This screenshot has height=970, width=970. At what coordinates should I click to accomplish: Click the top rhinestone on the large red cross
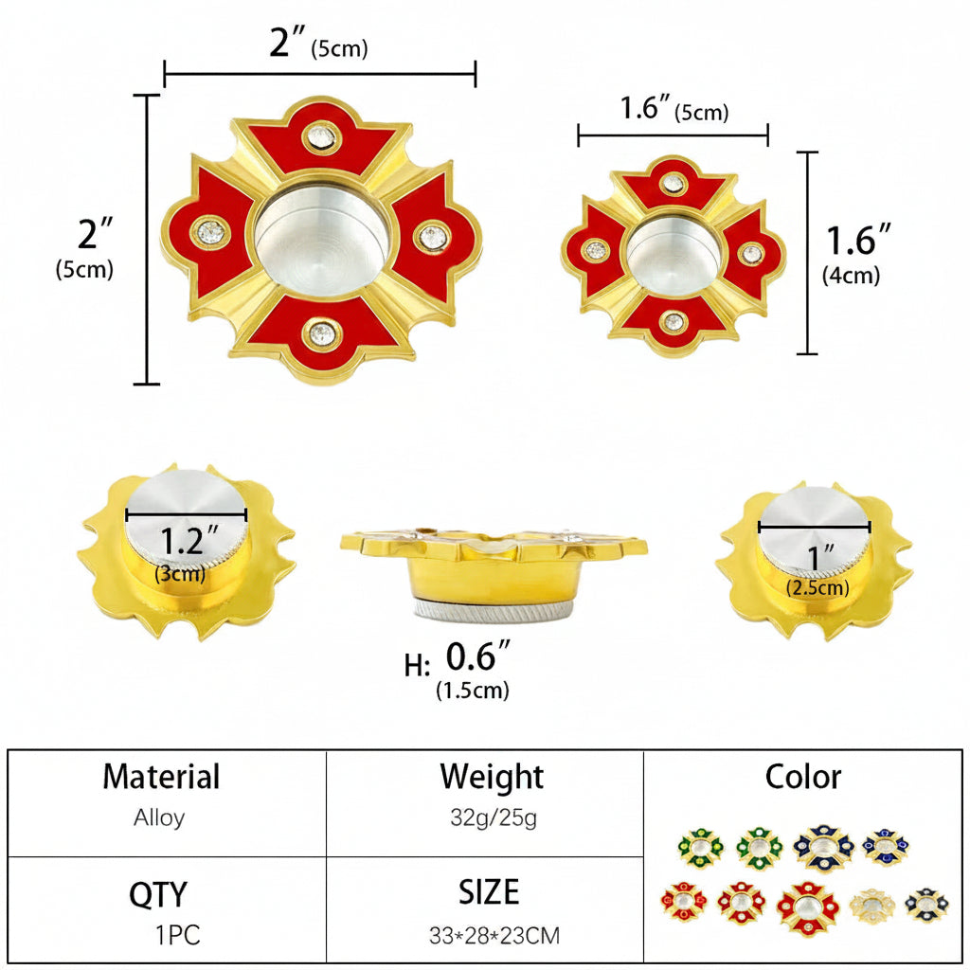pos(321,136)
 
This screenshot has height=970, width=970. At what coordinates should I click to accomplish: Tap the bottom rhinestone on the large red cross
pos(322,334)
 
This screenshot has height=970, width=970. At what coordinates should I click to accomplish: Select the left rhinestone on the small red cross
pos(596,250)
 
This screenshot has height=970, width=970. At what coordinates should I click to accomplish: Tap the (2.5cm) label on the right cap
pos(817,587)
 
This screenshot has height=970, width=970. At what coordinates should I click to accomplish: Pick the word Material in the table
pos(161,777)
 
